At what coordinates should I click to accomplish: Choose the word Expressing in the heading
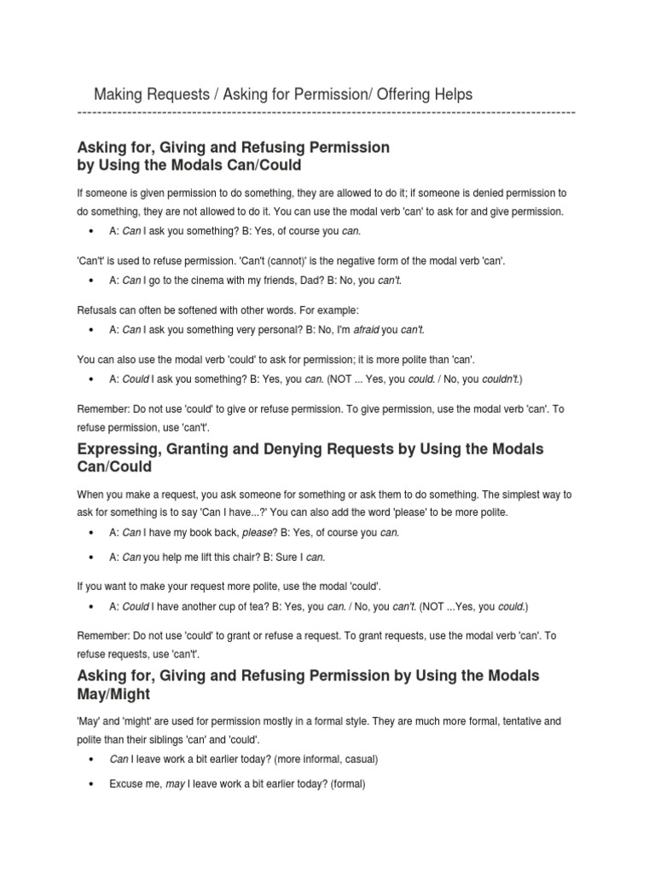119,448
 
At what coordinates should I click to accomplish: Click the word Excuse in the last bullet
125,783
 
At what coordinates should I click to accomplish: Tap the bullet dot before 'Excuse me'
90,783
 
